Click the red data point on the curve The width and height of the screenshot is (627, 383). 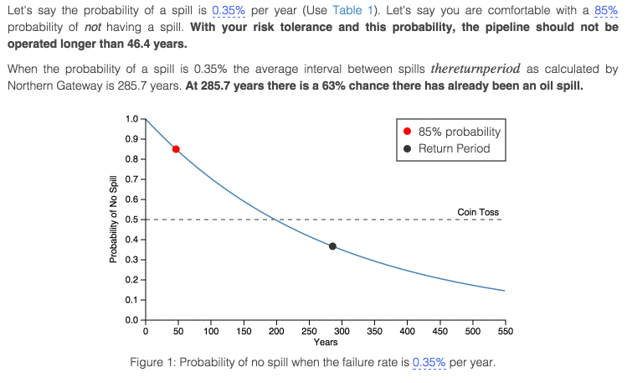[x=176, y=149]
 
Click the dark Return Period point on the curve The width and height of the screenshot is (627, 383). [x=332, y=246]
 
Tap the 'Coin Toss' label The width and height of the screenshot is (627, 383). [x=478, y=212]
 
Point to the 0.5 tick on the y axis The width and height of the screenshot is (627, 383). [x=131, y=220]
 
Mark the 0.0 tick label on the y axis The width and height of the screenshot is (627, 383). [x=131, y=320]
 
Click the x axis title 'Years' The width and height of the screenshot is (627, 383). [x=325, y=342]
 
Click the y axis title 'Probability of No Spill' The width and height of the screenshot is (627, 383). [x=112, y=220]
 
